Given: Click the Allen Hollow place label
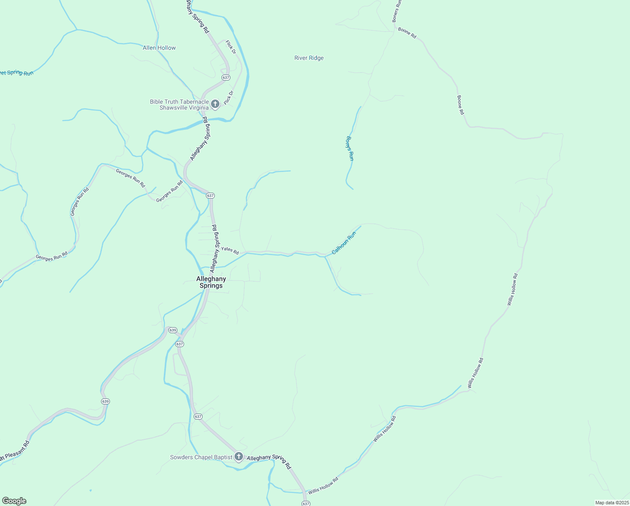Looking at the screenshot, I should point(159,48).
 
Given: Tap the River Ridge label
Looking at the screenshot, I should point(309,58).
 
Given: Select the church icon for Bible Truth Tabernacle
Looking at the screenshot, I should point(215,104).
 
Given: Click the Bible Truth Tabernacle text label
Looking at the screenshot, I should point(179,105).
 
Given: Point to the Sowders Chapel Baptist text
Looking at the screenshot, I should point(201,458).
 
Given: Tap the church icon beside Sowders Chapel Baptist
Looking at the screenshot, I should point(239,457).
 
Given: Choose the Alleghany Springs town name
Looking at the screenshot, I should point(211,282).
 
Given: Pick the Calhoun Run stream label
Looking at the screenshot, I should point(344,244).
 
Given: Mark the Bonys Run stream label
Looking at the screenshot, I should point(350,148).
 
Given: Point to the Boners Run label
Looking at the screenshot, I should point(397,11).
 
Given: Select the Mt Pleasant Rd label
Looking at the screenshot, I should point(15,451).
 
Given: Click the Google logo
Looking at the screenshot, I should point(14,501).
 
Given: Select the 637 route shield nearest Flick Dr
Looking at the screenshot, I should point(226,78).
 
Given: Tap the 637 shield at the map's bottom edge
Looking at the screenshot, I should point(306,503).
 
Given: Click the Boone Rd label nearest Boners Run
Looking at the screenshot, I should point(407,33).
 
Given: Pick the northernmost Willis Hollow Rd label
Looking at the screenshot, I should point(513,290).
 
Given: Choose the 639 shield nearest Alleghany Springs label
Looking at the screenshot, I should point(173,330).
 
